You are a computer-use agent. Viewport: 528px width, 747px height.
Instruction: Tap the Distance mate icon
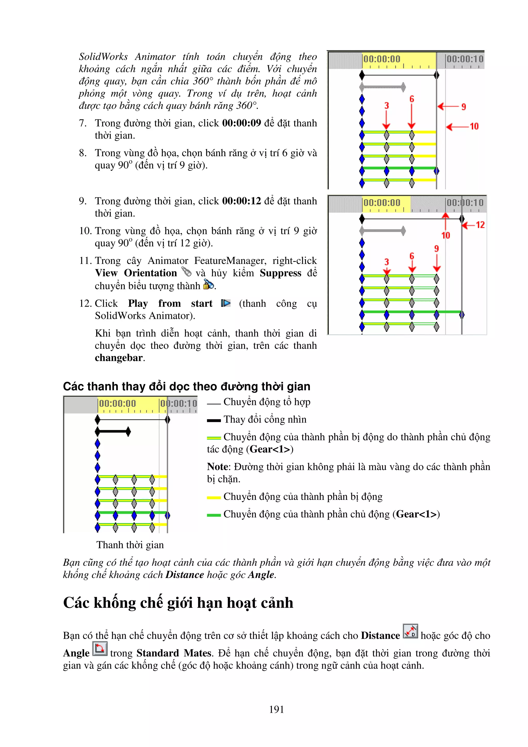coord(410,631)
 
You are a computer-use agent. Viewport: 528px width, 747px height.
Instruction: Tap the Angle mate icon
coord(100,649)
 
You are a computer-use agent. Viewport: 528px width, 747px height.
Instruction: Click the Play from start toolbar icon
coord(225,303)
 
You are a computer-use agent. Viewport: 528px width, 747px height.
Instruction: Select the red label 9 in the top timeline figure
coord(464,107)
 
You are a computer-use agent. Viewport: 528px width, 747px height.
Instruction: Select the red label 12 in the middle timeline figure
coord(480,225)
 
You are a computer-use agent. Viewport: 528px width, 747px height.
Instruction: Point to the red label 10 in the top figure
coord(474,126)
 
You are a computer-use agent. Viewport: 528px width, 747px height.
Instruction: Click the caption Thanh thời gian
coord(130,545)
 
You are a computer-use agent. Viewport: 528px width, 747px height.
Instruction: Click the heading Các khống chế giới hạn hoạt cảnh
coord(178,603)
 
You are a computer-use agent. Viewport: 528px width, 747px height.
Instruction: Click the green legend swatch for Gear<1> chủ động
coord(214,515)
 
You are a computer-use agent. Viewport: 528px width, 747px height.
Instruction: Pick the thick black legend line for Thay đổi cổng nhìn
coord(214,420)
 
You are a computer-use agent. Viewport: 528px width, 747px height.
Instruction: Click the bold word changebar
coord(118,358)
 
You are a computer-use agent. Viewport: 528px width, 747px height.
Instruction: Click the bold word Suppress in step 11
coord(280,273)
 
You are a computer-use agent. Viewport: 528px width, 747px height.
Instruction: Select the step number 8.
coord(83,153)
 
